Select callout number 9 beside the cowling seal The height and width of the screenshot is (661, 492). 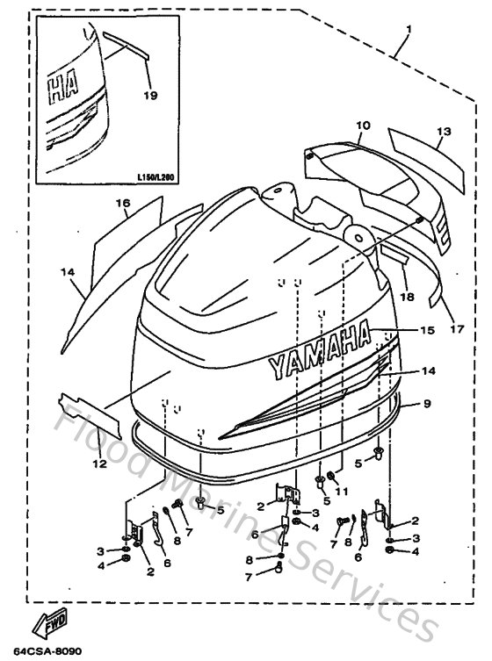(x=426, y=404)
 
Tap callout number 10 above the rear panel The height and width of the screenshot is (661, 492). (x=363, y=126)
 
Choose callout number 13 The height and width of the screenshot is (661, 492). (x=444, y=132)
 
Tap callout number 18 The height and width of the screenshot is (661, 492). (x=406, y=298)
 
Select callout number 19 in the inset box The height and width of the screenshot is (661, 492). (x=150, y=95)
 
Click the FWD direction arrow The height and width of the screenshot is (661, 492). (x=43, y=627)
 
